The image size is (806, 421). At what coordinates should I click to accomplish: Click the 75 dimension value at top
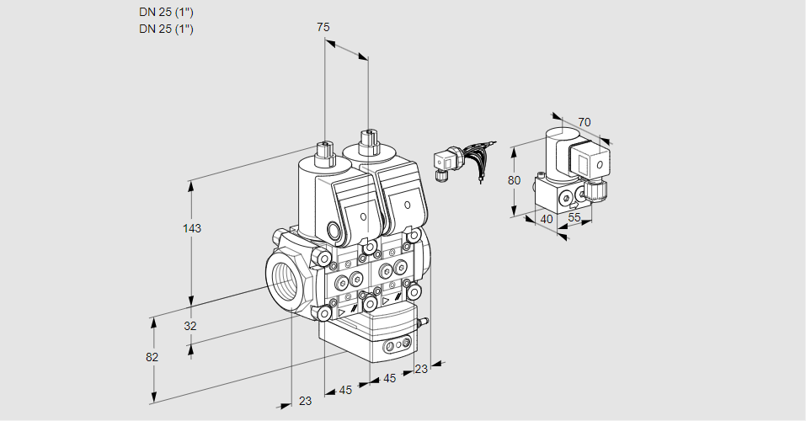pyautogui.click(x=323, y=28)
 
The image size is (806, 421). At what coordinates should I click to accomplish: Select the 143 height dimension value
pyautogui.click(x=194, y=229)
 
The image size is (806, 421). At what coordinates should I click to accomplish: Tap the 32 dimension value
pyautogui.click(x=190, y=327)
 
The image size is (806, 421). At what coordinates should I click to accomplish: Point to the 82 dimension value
pyautogui.click(x=152, y=357)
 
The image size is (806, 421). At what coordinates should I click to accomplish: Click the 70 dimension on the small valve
pyautogui.click(x=584, y=123)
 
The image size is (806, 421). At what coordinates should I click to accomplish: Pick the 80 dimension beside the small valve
pyautogui.click(x=515, y=180)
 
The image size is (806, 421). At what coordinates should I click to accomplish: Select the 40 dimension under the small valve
pyautogui.click(x=547, y=219)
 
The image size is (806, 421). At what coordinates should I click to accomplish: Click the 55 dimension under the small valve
pyautogui.click(x=575, y=217)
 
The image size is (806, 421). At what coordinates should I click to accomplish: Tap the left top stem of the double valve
pyautogui.click(x=324, y=153)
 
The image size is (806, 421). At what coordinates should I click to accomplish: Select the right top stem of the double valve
pyautogui.click(x=367, y=142)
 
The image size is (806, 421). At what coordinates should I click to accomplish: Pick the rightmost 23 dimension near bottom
pyautogui.click(x=421, y=368)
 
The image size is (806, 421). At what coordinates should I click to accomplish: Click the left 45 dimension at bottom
pyautogui.click(x=345, y=390)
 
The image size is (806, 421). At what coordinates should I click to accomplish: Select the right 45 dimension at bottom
pyautogui.click(x=389, y=379)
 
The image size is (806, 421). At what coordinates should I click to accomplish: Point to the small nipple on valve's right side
pyautogui.click(x=425, y=321)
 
